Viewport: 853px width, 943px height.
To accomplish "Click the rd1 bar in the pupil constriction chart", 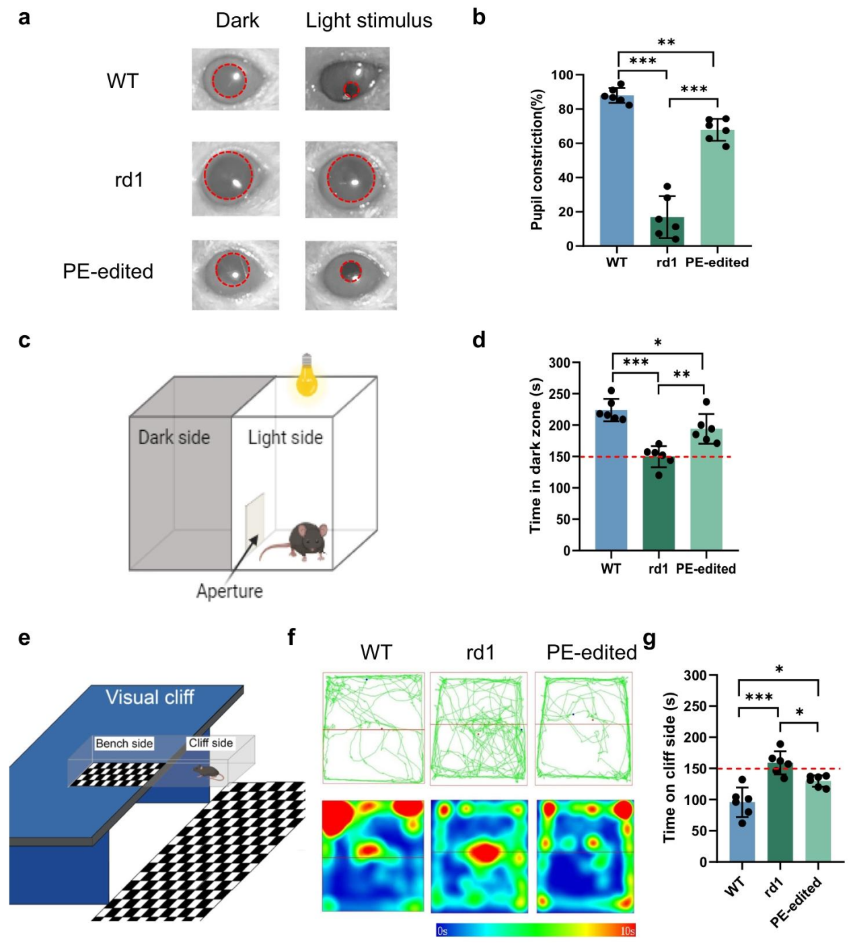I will [667, 231].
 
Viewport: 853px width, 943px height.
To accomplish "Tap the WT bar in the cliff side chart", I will [742, 832].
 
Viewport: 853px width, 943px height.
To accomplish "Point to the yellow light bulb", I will [307, 376].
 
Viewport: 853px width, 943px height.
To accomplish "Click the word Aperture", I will [229, 591].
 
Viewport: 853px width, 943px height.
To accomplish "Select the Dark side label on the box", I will [174, 438].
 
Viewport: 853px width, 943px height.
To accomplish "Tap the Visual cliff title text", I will [149, 697].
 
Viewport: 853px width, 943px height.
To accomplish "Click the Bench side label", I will [124, 743].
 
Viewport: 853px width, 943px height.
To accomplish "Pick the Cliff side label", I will [211, 743].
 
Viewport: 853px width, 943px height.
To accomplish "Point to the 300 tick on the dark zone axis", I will [559, 363].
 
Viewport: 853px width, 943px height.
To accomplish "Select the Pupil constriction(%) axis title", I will [536, 159].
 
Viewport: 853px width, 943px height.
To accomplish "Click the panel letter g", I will [649, 639].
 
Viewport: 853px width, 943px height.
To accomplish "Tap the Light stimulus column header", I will [369, 21].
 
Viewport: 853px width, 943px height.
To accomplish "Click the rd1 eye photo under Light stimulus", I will [350, 180].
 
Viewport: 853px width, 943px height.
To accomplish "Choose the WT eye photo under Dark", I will [235, 79].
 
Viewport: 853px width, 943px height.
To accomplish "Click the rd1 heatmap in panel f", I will [478, 855].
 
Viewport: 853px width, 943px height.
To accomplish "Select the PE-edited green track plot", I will [584, 728].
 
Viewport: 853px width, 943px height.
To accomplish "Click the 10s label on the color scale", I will [627, 931].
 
